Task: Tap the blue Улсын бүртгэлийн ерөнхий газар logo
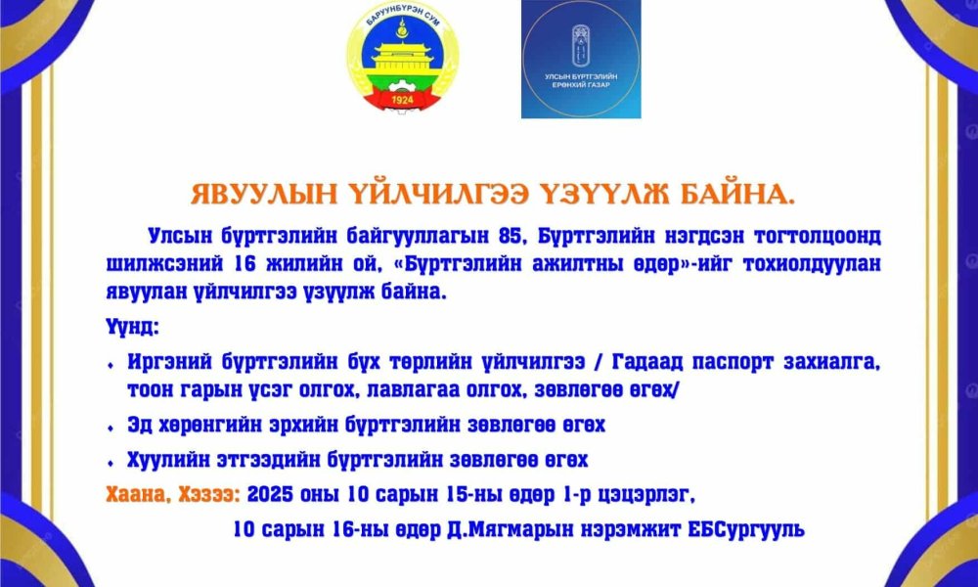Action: point(581,60)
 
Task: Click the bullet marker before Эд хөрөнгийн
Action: point(111,429)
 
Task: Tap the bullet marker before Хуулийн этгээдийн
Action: point(111,461)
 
